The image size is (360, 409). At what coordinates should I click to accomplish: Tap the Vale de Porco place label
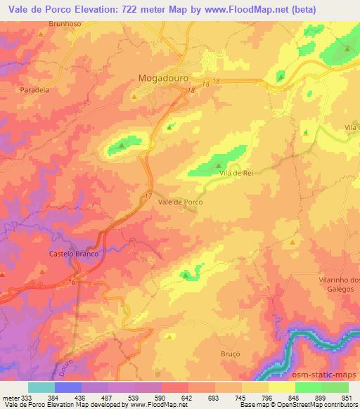pyautogui.click(x=181, y=202)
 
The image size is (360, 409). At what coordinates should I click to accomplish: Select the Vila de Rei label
pyautogui.click(x=236, y=173)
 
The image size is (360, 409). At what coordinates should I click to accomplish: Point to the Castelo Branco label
pyautogui.click(x=73, y=253)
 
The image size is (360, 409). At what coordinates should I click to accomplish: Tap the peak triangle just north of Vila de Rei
pyautogui.click(x=217, y=164)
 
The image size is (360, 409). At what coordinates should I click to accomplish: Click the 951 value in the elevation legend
pyautogui.click(x=347, y=397)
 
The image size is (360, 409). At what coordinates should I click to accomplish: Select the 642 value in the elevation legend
pyautogui.click(x=186, y=397)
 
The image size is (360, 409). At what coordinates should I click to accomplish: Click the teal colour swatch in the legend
pyautogui.click(x=41, y=387)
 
